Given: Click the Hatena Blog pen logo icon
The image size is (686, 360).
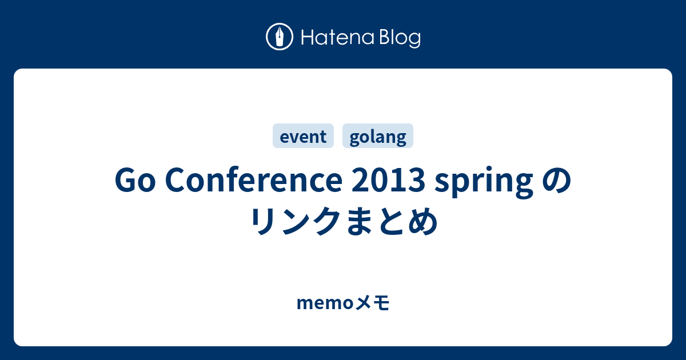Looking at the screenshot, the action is [x=280, y=37].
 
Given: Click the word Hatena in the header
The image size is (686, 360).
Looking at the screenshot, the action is [x=338, y=38].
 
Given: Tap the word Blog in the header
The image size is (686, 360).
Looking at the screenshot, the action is [x=400, y=38].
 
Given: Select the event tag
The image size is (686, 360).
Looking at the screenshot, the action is [x=303, y=136].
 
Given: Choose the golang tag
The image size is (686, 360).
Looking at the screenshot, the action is [x=378, y=136].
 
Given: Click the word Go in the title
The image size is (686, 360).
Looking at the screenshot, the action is [x=135, y=181].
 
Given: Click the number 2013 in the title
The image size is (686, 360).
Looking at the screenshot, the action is [x=388, y=181].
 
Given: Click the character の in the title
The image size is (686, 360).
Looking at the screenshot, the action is [x=556, y=181].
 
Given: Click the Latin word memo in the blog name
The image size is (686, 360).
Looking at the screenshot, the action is [x=325, y=303].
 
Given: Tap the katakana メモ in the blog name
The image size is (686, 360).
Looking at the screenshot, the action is [x=372, y=303].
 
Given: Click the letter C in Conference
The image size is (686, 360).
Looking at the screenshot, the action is [x=176, y=181].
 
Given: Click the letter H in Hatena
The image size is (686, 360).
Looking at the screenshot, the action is [x=308, y=38].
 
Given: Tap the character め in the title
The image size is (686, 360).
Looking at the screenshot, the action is [x=423, y=221].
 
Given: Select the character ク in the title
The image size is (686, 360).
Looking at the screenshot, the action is [x=326, y=221].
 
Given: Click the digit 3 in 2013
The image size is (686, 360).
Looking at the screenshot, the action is [x=417, y=181].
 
